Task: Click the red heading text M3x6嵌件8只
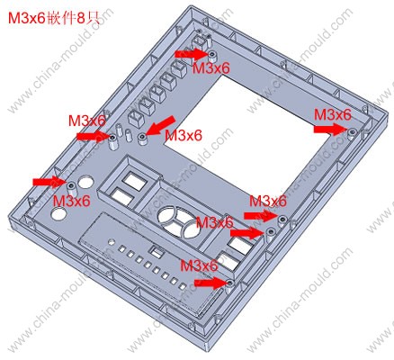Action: (x=53, y=19)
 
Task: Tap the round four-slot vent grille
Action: (x=178, y=222)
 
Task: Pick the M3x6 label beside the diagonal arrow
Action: (x=184, y=136)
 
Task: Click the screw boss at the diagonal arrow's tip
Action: (x=142, y=139)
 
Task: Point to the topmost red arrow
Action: (x=192, y=54)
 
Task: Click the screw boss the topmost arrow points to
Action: (x=212, y=56)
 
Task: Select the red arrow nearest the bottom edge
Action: (x=210, y=283)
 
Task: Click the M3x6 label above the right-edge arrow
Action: (x=332, y=114)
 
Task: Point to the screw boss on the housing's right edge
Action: (x=352, y=133)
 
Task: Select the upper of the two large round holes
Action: (x=86, y=183)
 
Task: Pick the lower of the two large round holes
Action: (x=59, y=213)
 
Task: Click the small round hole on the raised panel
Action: (x=112, y=241)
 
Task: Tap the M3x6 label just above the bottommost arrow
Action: (x=199, y=265)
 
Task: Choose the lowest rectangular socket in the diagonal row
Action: (x=137, y=118)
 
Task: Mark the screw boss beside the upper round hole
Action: (x=71, y=188)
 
